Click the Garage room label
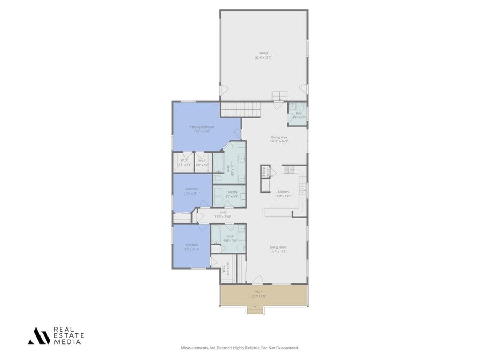pyautogui.click(x=263, y=53)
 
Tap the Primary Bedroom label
pyautogui.click(x=202, y=127)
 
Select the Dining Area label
pyautogui.click(x=279, y=137)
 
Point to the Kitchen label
pyautogui.click(x=283, y=192)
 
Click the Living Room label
pyautogui.click(x=278, y=247)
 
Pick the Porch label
pyautogui.click(x=258, y=292)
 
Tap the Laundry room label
pyautogui.click(x=231, y=192)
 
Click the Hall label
pyautogui.click(x=222, y=213)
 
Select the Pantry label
pyautogui.click(x=263, y=172)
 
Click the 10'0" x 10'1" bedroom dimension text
pyautogui.click(x=192, y=193)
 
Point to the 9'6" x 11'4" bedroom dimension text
pyautogui.click(x=191, y=249)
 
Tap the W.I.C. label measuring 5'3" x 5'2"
pyautogui.click(x=185, y=165)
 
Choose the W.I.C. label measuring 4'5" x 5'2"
pyautogui.click(x=202, y=165)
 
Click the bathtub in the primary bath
pyautogui.click(x=219, y=162)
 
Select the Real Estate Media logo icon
pyautogui.click(x=39, y=335)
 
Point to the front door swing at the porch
pyautogui.click(x=257, y=279)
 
